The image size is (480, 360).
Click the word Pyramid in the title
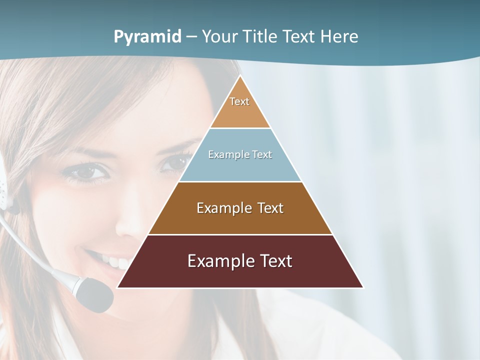[x=147, y=37]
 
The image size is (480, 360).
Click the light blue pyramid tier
[x=240, y=167]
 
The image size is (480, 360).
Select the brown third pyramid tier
[x=240, y=220]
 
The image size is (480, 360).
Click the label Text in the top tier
[x=239, y=101]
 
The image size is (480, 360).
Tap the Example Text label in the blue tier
[x=240, y=154]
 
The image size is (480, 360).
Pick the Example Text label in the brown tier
[x=240, y=208]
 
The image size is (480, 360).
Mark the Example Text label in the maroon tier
[x=240, y=261]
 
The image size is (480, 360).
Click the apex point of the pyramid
[x=240, y=76]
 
